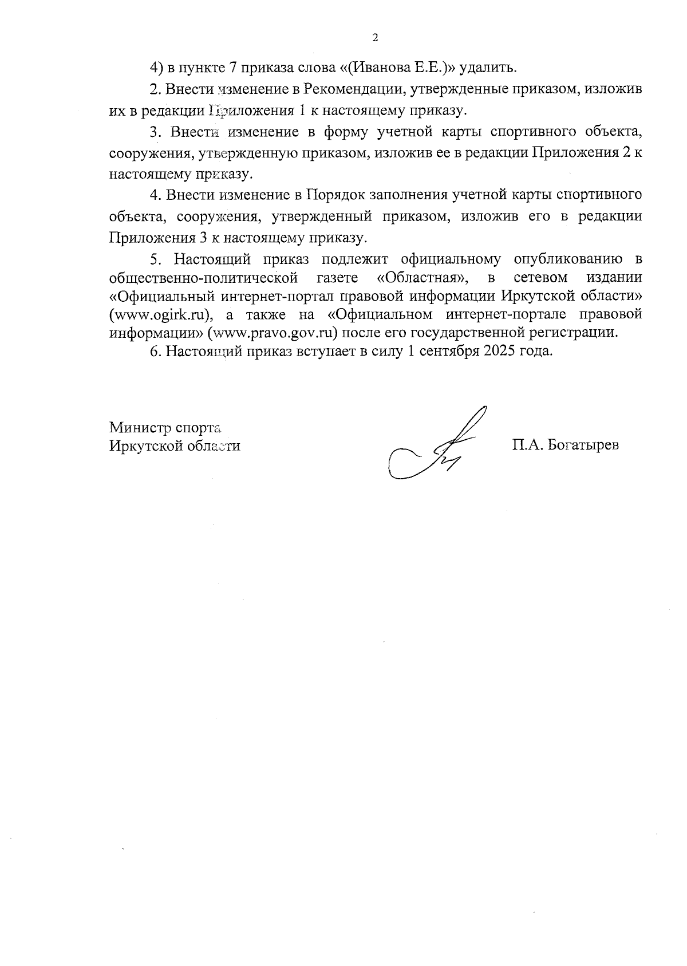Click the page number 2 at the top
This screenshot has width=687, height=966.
pyautogui.click(x=375, y=38)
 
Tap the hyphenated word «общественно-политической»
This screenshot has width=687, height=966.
pyautogui.click(x=204, y=278)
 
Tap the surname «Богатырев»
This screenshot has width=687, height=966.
pyautogui.click(x=583, y=445)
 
